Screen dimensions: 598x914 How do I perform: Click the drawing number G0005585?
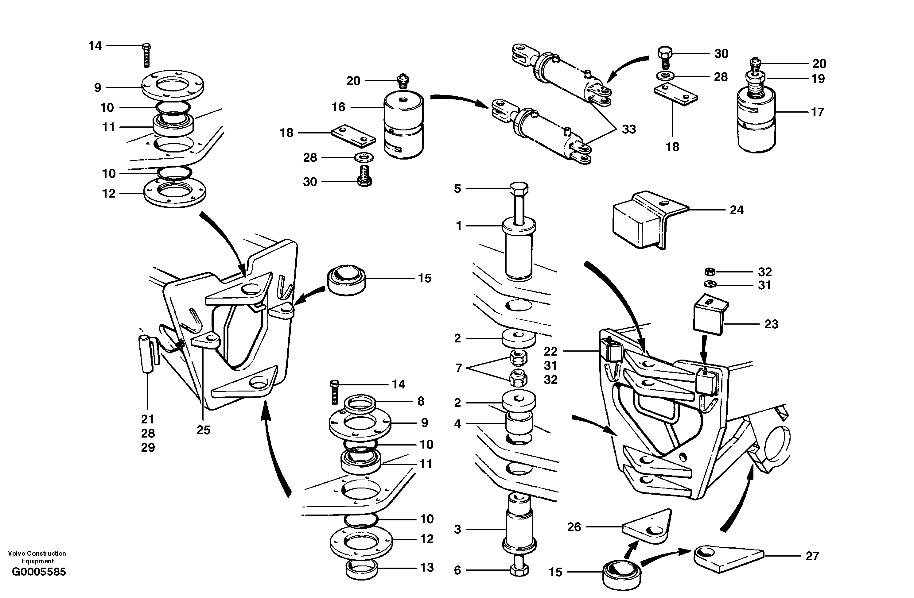(39, 572)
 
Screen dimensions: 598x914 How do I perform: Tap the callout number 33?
(629, 130)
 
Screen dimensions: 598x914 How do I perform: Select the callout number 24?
(736, 210)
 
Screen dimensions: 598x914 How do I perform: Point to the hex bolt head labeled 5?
(519, 189)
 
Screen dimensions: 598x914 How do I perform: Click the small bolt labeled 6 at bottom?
(519, 569)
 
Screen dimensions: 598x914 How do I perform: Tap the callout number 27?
(812, 556)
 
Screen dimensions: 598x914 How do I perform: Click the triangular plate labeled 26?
(647, 528)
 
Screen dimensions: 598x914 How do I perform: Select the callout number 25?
(203, 430)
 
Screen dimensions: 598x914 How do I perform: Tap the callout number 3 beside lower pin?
(457, 530)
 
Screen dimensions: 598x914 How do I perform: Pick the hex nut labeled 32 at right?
(710, 272)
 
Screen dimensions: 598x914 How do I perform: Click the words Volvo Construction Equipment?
(37, 557)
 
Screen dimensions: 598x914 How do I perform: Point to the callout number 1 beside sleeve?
(459, 226)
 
